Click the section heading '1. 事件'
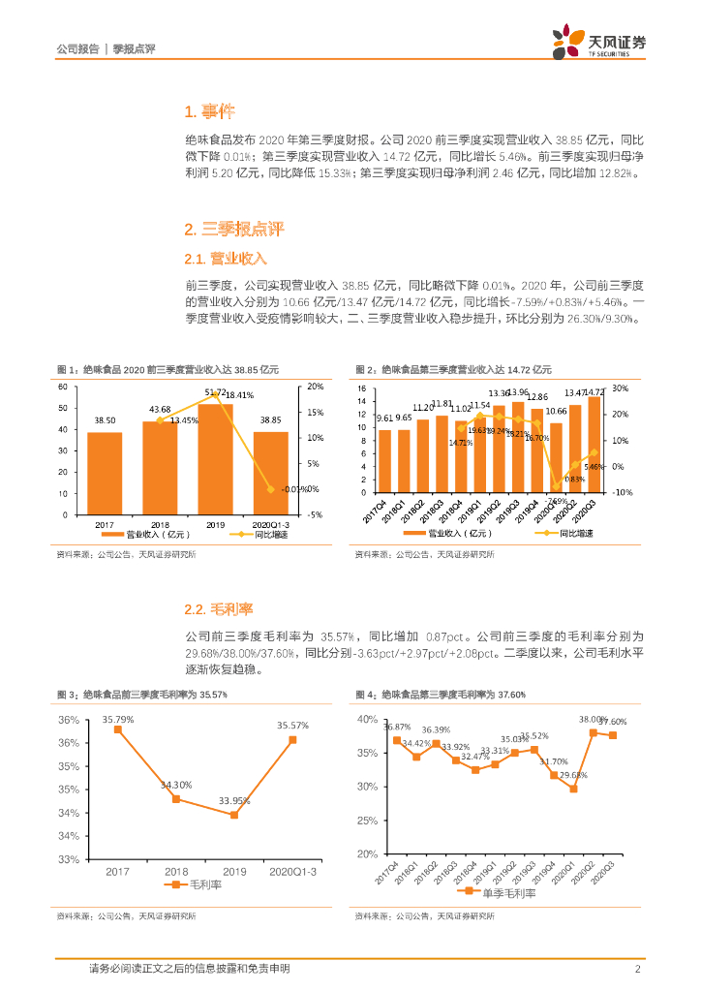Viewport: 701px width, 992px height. pos(206,110)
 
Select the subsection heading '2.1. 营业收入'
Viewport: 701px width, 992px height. pos(225,259)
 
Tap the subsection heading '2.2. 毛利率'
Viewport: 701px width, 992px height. pos(218,609)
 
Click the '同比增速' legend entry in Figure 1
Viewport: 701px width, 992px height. pos(258,534)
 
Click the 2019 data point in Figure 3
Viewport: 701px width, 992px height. pos(234,815)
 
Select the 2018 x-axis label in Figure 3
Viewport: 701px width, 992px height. pos(176,872)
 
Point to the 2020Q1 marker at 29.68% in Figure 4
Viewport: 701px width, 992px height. pos(573,789)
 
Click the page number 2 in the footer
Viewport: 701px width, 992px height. pos(638,969)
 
